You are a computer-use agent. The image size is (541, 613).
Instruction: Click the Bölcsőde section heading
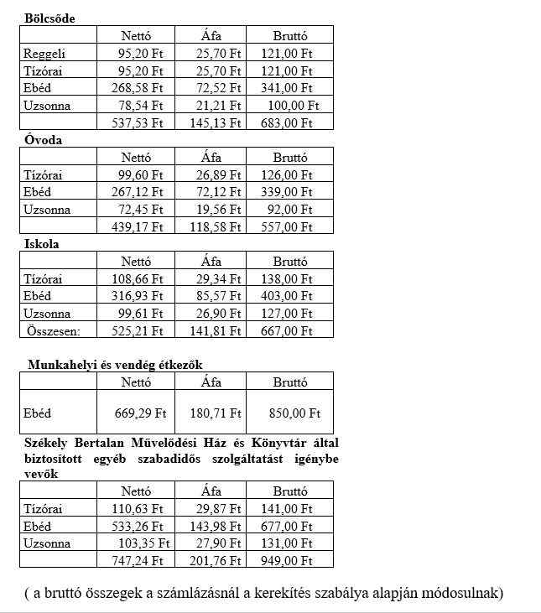(x=49, y=18)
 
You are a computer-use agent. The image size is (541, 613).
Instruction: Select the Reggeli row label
(x=43, y=54)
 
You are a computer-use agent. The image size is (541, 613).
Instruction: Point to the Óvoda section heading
(x=43, y=140)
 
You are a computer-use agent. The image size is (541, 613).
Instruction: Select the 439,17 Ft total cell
(x=138, y=227)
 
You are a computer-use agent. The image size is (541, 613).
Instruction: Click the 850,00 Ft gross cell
(x=295, y=413)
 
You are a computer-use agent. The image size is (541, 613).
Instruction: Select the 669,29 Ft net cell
(x=140, y=413)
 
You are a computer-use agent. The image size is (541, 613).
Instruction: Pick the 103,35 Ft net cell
(x=141, y=544)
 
